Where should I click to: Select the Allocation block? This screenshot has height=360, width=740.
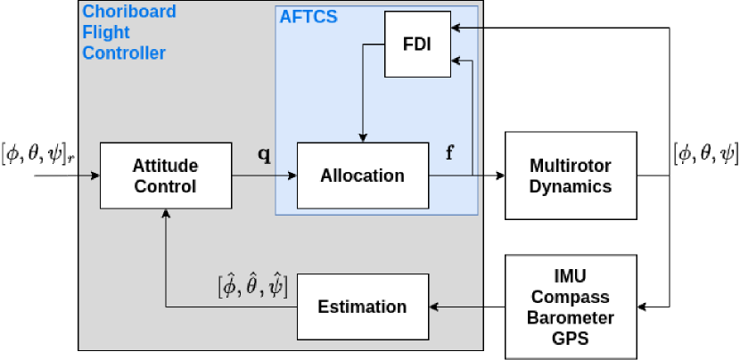tap(361, 176)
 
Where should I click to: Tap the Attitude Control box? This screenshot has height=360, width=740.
tap(164, 176)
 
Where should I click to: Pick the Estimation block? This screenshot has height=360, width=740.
tap(362, 307)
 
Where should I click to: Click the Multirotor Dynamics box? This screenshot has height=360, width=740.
tap(571, 176)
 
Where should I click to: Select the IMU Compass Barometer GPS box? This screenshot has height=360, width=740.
tap(571, 306)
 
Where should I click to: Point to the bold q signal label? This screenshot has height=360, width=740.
tap(264, 154)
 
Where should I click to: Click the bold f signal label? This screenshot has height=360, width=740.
tap(449, 152)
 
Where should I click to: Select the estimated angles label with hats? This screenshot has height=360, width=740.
tap(252, 285)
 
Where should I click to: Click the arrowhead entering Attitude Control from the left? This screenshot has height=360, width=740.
tap(95, 176)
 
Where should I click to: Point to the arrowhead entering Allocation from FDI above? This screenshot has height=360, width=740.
tap(361, 137)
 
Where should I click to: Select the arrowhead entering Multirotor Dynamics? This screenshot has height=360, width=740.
tap(499, 176)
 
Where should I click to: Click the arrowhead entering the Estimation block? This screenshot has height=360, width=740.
tap(433, 307)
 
